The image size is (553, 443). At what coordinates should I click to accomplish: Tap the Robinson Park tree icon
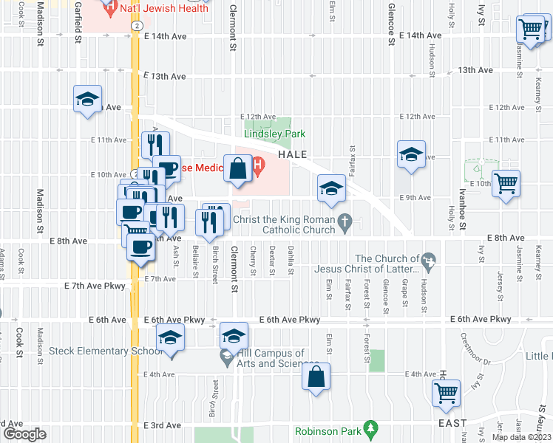click(x=372, y=427)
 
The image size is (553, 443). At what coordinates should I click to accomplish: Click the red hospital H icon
click(x=258, y=167)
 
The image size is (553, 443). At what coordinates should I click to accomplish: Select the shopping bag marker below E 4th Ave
click(x=316, y=378)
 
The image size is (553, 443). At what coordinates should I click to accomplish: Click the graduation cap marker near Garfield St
click(x=87, y=100)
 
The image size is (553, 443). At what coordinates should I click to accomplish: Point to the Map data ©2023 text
click(x=521, y=437)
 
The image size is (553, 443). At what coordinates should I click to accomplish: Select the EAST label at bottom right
click(x=452, y=423)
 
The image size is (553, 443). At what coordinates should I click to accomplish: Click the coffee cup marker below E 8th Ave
click(x=140, y=248)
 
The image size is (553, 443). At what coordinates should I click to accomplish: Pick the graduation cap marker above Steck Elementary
click(x=171, y=339)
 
